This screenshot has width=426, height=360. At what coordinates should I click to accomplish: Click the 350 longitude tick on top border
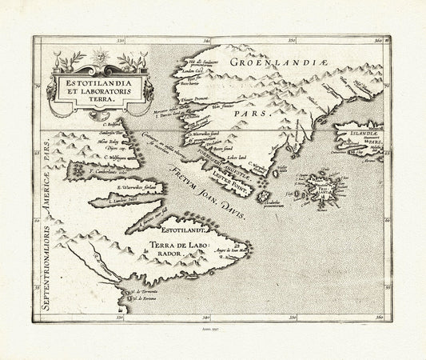click(291, 39)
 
